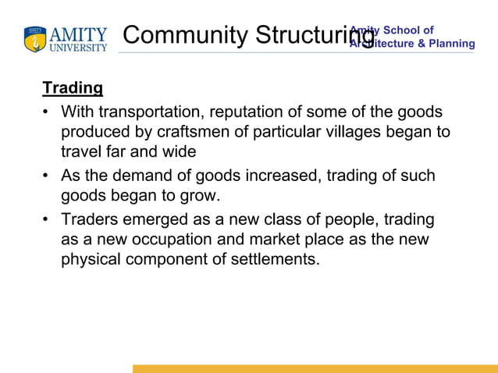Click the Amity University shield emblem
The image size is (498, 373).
tap(35, 40)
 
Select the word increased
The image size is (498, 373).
tap(283, 176)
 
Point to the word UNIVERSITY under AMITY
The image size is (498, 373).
tap(79, 48)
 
